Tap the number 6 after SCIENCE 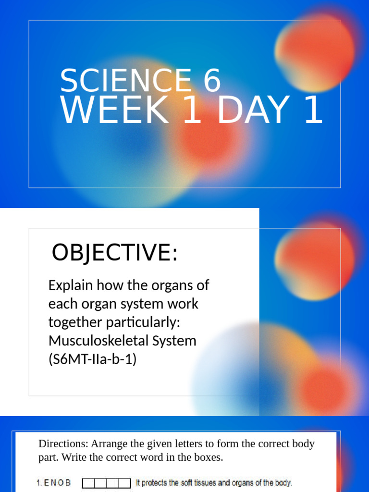(x=212, y=81)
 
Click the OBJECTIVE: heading (x=114, y=253)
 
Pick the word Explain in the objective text (x=71, y=285)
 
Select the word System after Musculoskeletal (x=174, y=341)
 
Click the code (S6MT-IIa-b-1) (x=92, y=359)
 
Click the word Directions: (x=63, y=443)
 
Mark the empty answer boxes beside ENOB (x=106, y=483)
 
